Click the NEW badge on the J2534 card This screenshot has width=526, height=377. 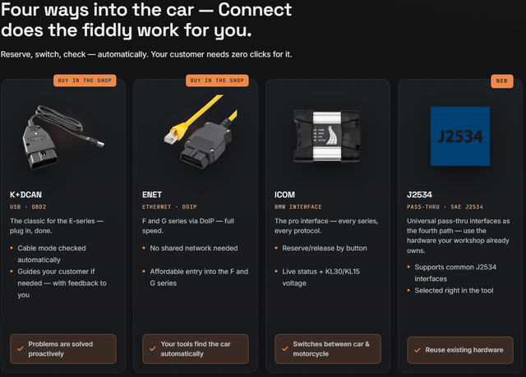point(502,81)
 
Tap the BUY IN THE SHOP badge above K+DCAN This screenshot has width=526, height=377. point(85,80)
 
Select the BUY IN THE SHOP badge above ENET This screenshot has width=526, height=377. point(217,80)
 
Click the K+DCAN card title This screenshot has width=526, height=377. point(25,195)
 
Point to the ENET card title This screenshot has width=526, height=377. point(152,195)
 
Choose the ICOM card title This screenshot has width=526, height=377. point(285,195)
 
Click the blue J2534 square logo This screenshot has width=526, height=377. point(460,136)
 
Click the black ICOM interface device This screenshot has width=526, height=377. point(327,136)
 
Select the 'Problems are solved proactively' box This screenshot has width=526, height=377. point(63,349)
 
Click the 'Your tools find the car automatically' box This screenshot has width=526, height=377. point(196,349)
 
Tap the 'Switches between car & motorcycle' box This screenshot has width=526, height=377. point(328,349)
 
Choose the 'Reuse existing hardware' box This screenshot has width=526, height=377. point(460,350)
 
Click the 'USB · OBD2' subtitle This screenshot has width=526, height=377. point(28,207)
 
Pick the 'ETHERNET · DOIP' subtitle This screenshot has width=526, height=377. point(169,207)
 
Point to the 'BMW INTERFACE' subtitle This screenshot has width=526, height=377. point(298,207)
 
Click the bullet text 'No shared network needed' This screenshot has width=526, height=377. point(194,248)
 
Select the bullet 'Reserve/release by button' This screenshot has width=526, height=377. point(325,248)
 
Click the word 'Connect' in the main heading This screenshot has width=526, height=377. point(255,9)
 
